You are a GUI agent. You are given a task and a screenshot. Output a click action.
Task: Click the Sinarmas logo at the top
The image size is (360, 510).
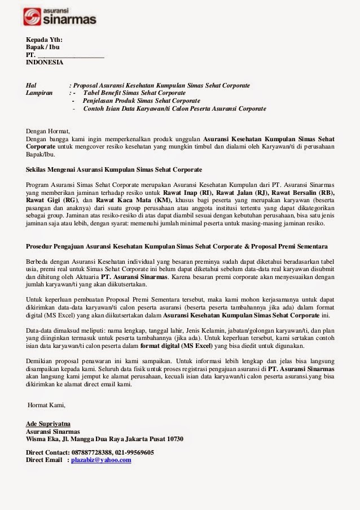60,16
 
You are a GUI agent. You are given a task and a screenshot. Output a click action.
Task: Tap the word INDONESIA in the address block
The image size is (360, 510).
45,63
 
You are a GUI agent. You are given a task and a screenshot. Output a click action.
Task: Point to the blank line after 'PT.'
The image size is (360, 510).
71,55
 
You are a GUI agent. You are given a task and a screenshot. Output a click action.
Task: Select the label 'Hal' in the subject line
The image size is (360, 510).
31,85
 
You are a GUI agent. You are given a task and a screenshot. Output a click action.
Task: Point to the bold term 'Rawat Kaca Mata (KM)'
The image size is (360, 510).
131,200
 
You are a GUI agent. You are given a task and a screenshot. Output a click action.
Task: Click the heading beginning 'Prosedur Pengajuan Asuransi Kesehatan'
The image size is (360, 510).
177,247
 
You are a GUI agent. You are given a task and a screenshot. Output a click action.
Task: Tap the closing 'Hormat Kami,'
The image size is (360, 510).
47,404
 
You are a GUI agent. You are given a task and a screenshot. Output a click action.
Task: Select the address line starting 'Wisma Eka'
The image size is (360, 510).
104,439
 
